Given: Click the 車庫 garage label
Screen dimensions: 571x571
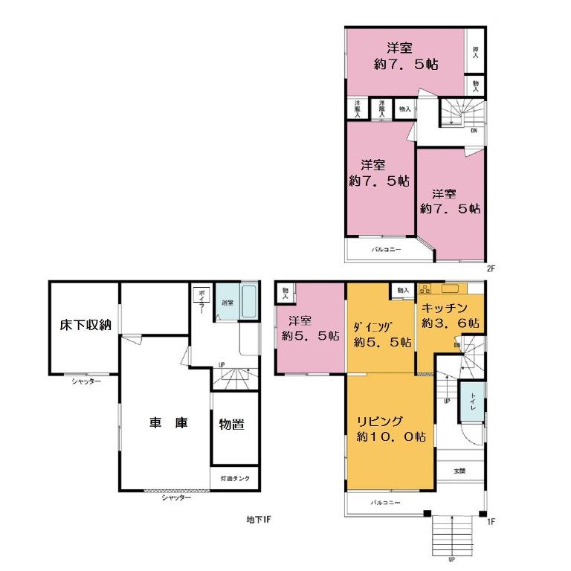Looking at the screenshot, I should pyautogui.click(x=168, y=423).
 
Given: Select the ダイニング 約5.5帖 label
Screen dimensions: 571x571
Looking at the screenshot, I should pyautogui.click(x=382, y=335).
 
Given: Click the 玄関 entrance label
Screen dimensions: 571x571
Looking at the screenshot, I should pyautogui.click(x=461, y=471).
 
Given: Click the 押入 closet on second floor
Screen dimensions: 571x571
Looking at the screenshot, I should pyautogui.click(x=475, y=51).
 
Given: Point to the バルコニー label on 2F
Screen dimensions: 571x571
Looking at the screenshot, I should pyautogui.click(x=386, y=250).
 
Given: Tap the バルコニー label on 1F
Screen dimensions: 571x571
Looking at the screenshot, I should pyautogui.click(x=386, y=503).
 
